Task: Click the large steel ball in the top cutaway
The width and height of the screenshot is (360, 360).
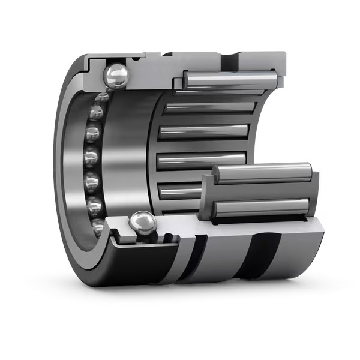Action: tap(116, 76)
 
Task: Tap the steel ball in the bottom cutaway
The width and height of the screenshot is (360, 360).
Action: tap(143, 224)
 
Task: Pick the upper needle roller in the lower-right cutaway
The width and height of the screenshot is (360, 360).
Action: tap(262, 173)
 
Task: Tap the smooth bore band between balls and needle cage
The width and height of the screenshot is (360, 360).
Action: tap(129, 150)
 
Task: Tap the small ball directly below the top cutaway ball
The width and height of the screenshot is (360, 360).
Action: tap(101, 96)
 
